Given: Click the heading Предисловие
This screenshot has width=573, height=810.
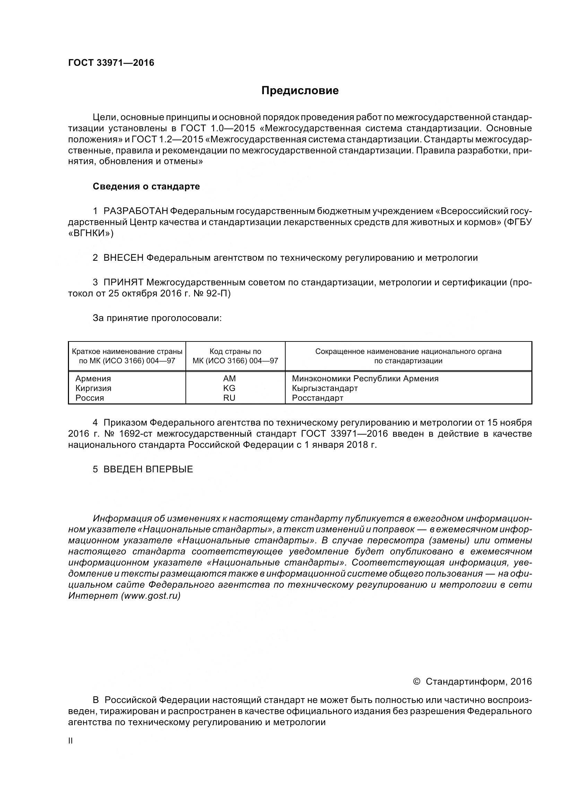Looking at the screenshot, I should click(x=300, y=91).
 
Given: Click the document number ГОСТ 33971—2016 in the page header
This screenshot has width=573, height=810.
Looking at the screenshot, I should click(x=111, y=63).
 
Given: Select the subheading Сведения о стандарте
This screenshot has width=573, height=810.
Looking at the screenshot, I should click(x=146, y=186).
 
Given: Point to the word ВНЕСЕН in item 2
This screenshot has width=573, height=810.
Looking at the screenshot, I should click(x=123, y=258).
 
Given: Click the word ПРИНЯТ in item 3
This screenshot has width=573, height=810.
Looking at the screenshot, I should click(x=123, y=282).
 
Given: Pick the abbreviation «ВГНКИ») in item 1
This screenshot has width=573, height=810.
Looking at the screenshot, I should click(x=91, y=233).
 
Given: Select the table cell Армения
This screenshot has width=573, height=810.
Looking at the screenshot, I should click(x=93, y=379).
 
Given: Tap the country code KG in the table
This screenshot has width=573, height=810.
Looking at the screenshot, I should click(x=229, y=388).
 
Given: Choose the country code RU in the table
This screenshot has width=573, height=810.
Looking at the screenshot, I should click(x=229, y=398).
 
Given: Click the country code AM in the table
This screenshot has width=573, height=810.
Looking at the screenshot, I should click(x=229, y=379).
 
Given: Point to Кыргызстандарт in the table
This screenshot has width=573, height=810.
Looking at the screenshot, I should click(x=325, y=388).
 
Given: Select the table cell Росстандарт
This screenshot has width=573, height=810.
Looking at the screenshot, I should click(x=318, y=398).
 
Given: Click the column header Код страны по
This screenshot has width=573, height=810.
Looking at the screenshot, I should click(x=235, y=351).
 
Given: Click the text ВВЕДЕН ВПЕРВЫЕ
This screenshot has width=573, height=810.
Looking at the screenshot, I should click(x=148, y=469).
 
